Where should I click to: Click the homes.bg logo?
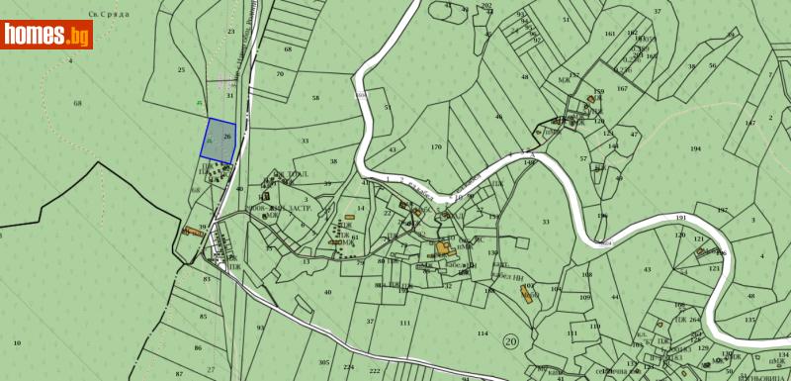(46, 35)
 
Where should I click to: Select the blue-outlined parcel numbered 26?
(220, 140)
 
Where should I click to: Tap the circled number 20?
(510, 341)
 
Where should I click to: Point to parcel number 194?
(695, 148)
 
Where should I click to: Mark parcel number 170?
(436, 147)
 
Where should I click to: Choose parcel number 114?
(483, 333)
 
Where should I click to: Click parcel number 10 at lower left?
(17, 343)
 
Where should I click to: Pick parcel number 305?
(324, 363)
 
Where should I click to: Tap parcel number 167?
(622, 89)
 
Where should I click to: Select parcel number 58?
(316, 98)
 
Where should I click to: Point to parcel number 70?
(280, 74)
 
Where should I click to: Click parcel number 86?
(198, 348)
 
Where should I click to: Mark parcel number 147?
(750, 122)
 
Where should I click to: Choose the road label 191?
(680, 217)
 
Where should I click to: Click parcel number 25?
(181, 70)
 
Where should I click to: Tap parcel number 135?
(749, 320)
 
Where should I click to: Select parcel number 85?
(204, 317)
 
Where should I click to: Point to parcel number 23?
(230, 32)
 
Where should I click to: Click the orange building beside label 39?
(187, 233)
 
